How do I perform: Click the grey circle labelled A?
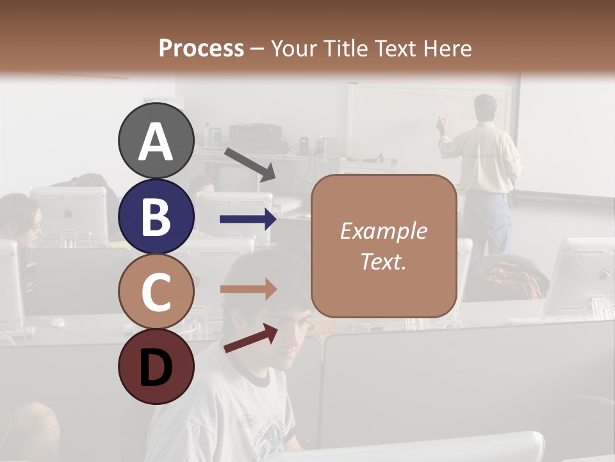pos(156,141)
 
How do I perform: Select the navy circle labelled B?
pos(156,216)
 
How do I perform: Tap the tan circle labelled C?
pos(156,291)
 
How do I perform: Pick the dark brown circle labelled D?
pos(156,366)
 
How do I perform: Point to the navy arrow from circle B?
pos(248,219)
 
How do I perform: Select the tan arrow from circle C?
pos(248,289)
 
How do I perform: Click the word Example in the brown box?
pos(383,231)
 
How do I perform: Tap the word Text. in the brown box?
pos(383,261)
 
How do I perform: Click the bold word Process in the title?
pos(201,48)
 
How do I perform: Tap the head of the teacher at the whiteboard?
pos(485,107)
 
